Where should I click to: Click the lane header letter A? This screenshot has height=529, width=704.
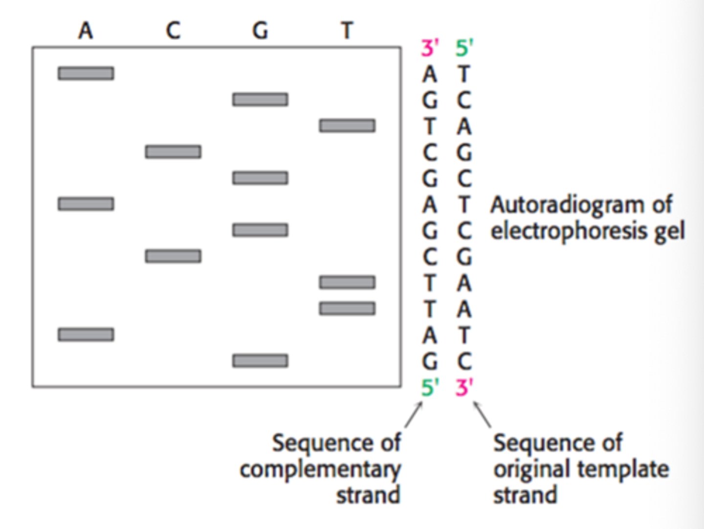click(x=86, y=31)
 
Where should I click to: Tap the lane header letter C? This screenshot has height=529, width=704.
click(x=173, y=31)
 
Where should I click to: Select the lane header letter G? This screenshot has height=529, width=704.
click(x=260, y=31)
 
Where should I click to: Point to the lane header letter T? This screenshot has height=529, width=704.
click(x=347, y=31)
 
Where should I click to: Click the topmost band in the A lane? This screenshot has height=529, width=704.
click(x=86, y=73)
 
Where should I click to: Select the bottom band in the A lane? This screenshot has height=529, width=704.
click(x=86, y=334)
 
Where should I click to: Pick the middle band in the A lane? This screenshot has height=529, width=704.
click(x=86, y=204)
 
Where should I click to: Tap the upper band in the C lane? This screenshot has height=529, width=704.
click(x=173, y=152)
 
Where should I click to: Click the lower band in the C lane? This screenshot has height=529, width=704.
click(x=173, y=256)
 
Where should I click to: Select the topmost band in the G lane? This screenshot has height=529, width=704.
click(x=260, y=100)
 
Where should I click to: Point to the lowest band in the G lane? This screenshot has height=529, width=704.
click(x=260, y=361)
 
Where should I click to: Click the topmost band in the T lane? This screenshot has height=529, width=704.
click(x=347, y=126)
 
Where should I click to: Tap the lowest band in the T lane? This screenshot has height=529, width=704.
click(x=347, y=309)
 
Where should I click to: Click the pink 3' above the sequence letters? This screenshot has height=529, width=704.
click(x=430, y=48)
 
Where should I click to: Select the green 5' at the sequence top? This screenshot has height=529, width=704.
click(x=464, y=48)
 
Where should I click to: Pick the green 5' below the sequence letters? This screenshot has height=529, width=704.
click(x=430, y=388)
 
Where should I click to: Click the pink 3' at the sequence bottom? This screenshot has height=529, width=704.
click(x=464, y=388)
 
